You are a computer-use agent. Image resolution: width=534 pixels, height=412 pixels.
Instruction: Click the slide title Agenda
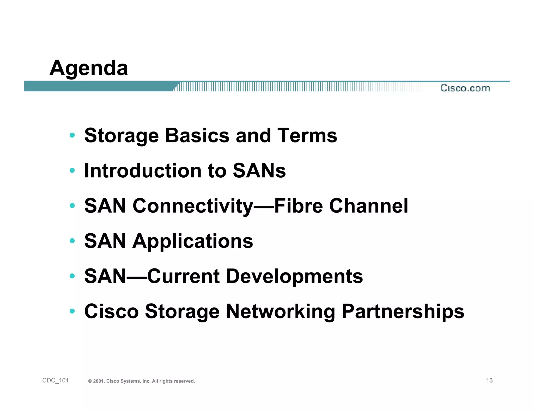click(x=89, y=68)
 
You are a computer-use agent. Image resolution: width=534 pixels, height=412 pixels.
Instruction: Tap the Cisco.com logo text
click(x=465, y=88)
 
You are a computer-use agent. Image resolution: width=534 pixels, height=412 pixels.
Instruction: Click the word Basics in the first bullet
click(x=197, y=136)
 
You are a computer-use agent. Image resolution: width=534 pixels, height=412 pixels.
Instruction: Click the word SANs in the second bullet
click(x=259, y=171)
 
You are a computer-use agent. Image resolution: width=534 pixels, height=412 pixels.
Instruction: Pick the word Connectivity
click(x=193, y=206)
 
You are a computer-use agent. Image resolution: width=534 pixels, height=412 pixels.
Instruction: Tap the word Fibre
click(x=299, y=206)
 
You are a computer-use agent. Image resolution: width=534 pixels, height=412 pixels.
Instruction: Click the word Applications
click(x=193, y=241)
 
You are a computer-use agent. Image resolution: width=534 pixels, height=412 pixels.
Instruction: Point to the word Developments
click(x=294, y=276)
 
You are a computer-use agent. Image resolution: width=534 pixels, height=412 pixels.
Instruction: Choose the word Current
click(x=184, y=276)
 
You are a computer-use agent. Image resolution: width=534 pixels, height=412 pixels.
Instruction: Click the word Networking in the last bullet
click(x=281, y=311)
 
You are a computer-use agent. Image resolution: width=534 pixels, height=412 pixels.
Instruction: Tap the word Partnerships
click(x=403, y=311)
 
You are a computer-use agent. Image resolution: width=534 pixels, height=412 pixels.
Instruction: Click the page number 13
click(x=489, y=380)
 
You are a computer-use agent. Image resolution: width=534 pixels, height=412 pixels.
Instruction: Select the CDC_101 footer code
click(x=55, y=380)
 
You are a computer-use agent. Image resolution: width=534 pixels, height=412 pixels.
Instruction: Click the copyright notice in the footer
click(x=142, y=381)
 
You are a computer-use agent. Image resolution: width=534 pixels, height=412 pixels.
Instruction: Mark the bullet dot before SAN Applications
click(x=72, y=241)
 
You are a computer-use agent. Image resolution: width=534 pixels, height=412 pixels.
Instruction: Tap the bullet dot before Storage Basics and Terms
click(x=72, y=135)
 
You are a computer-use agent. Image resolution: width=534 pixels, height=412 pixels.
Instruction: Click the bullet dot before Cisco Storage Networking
click(x=72, y=311)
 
